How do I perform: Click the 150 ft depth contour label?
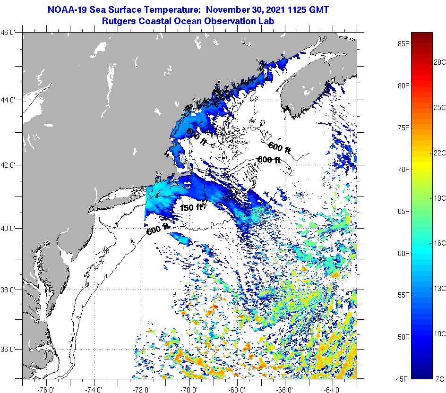tap(191, 207)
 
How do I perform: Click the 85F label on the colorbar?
tap(403, 44)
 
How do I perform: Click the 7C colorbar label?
tap(439, 379)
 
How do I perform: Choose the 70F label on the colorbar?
tap(403, 169)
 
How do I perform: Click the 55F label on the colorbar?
tap(403, 295)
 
